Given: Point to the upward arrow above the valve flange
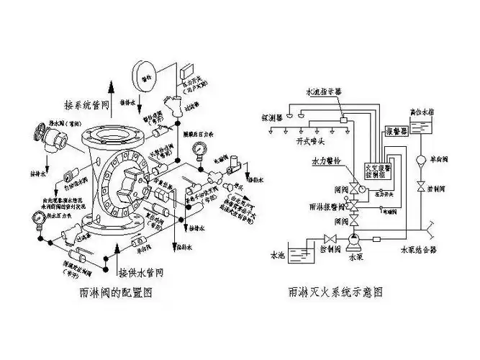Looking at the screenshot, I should pos(111,94).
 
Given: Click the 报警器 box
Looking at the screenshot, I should pos(398,132).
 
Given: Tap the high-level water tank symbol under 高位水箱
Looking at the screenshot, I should pos(424,130).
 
